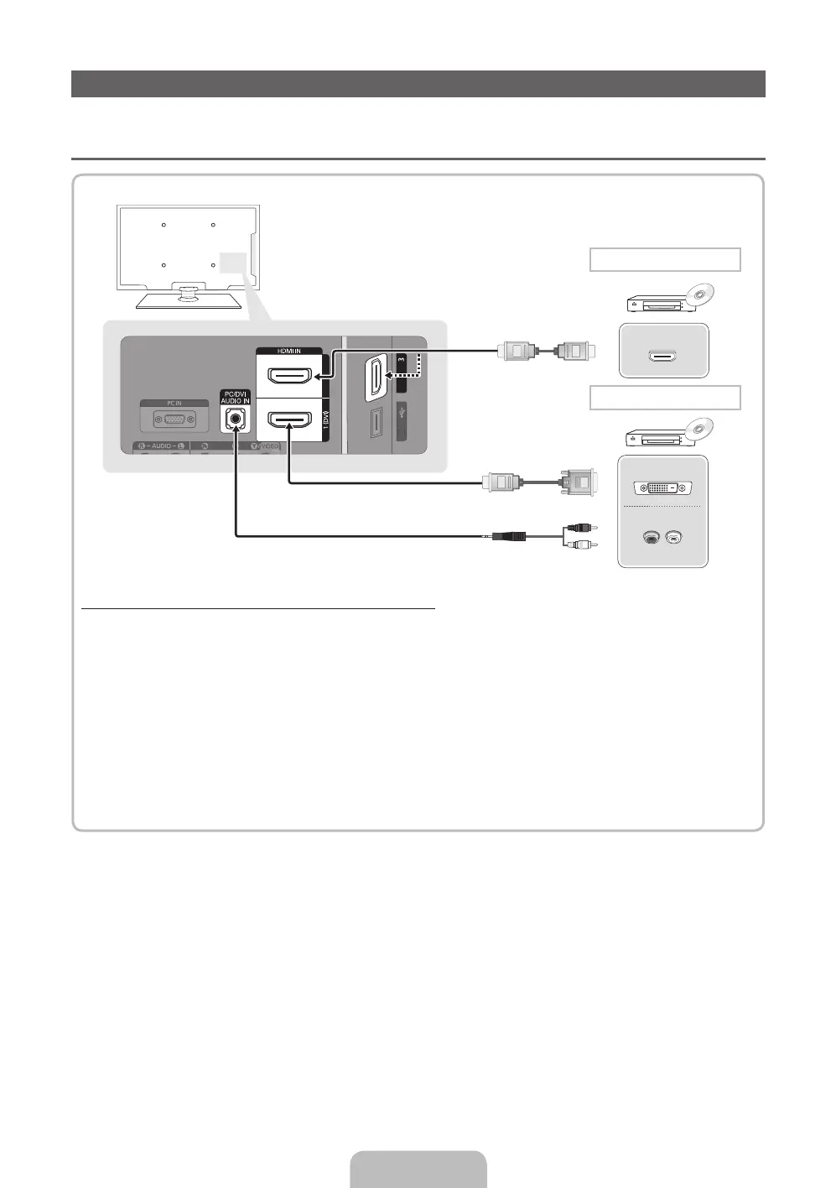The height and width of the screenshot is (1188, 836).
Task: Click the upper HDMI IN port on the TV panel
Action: (x=289, y=375)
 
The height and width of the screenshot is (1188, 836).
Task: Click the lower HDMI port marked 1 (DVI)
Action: (x=289, y=418)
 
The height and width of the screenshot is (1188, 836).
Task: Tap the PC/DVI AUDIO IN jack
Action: (x=236, y=418)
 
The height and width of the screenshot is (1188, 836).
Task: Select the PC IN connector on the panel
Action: (x=174, y=419)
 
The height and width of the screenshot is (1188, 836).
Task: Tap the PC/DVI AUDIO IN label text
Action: (x=236, y=398)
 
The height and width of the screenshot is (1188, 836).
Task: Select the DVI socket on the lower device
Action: (x=662, y=488)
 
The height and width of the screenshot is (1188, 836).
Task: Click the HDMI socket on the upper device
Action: (x=662, y=356)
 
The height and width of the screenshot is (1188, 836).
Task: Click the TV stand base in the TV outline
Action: (x=189, y=300)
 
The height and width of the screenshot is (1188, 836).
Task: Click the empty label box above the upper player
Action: (x=665, y=260)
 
